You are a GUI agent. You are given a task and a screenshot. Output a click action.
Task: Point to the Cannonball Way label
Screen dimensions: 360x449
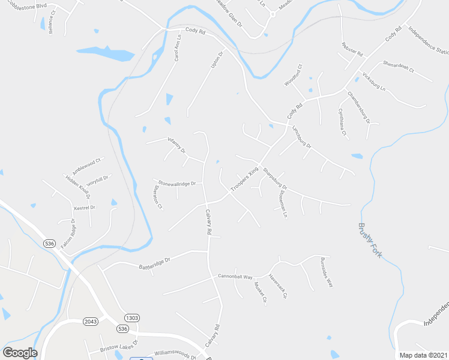pos(235,277)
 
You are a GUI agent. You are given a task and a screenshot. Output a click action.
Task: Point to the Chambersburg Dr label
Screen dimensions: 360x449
pos(359,106)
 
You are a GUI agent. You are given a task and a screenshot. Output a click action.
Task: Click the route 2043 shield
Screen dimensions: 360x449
pos(91,322)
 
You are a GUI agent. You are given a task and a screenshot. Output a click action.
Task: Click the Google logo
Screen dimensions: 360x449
pos(20,353)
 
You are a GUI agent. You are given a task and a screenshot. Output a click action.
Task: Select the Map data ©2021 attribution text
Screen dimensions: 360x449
pos(423,355)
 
